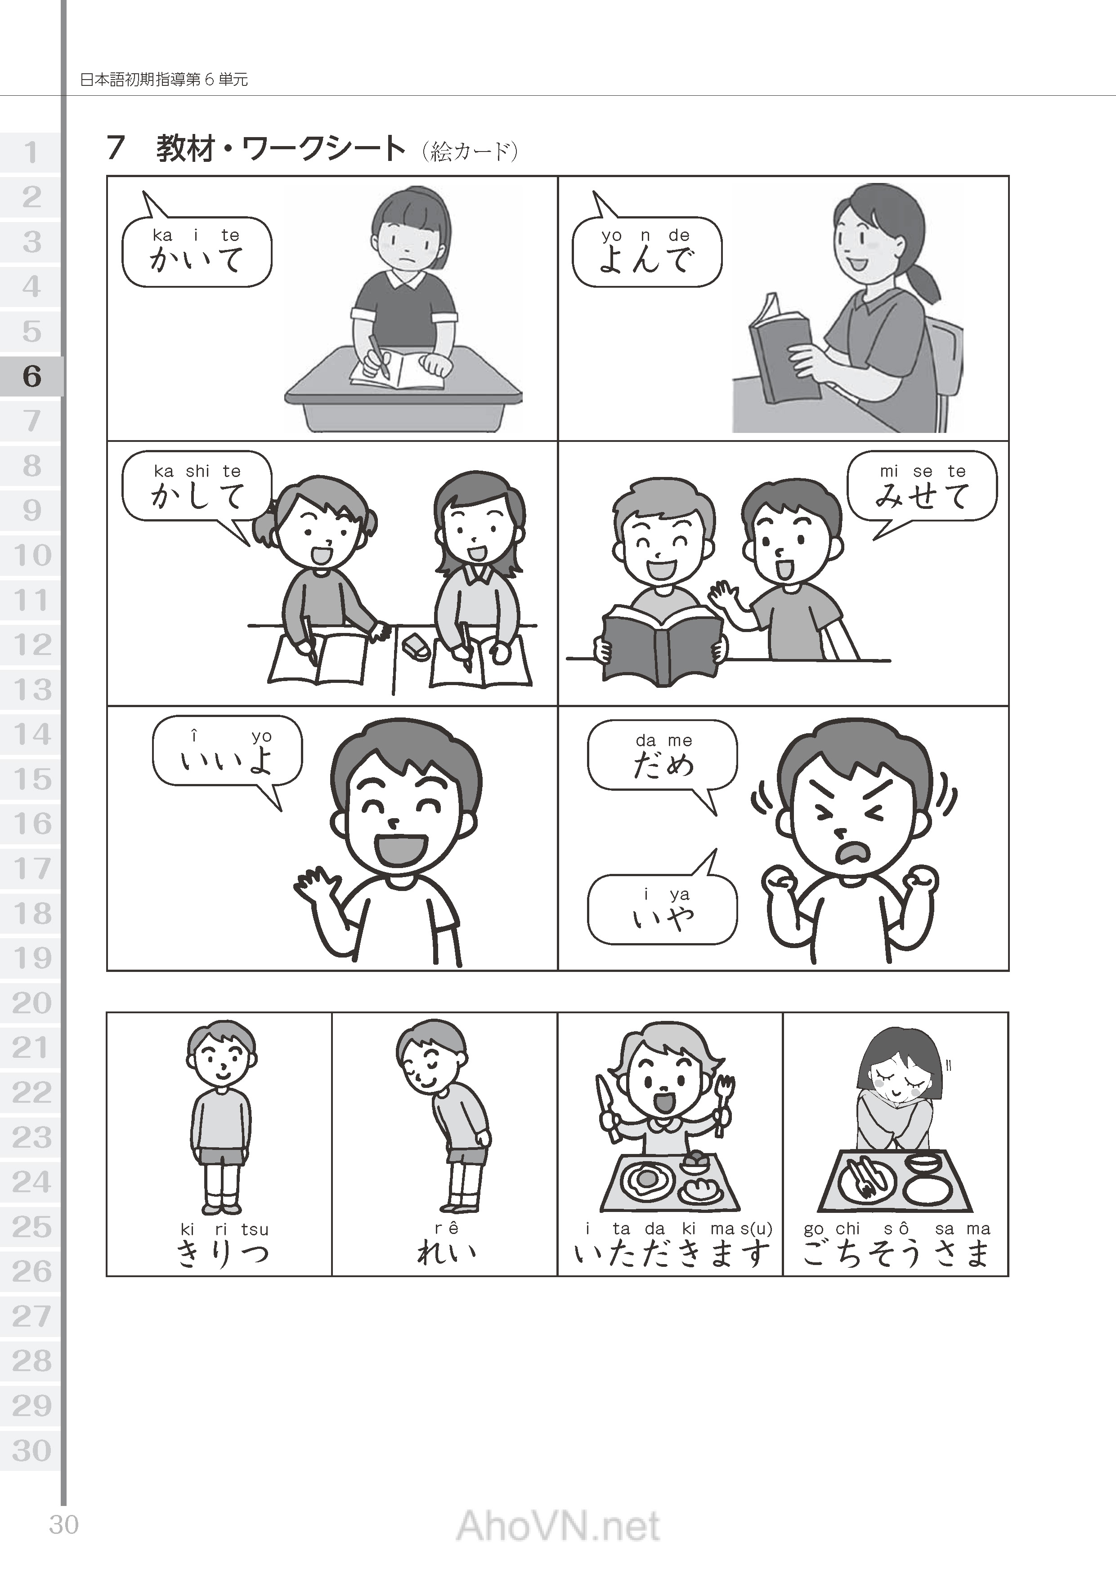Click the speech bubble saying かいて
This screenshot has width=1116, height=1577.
coord(197,251)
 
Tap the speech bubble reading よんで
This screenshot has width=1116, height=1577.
coord(647,251)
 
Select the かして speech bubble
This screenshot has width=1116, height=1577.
coord(197,486)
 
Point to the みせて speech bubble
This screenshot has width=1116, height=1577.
coord(922,486)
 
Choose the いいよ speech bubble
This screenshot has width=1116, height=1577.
coord(227,751)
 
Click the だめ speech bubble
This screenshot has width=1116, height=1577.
coord(663,756)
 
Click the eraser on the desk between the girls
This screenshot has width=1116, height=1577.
coord(414,646)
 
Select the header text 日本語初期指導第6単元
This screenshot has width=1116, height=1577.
coord(164,80)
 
